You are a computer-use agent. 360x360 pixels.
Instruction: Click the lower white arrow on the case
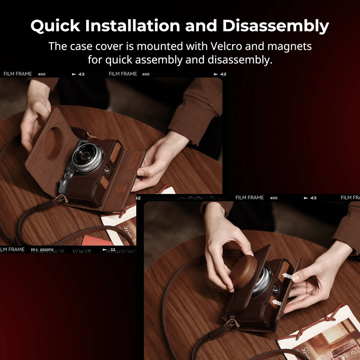(277, 302)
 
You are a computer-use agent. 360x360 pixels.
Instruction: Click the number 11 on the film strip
(113, 250)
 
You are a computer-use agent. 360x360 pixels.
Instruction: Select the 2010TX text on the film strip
(47, 250)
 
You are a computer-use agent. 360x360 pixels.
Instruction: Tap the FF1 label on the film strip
(34, 250)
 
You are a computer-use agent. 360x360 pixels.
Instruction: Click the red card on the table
(96, 240)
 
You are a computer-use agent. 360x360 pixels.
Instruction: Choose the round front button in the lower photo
(275, 289)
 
